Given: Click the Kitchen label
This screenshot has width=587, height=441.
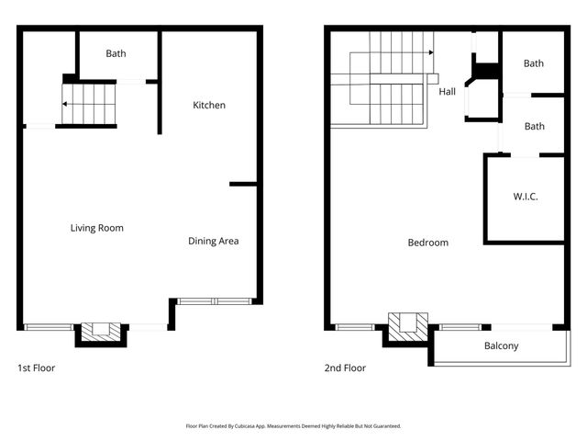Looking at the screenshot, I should click(x=208, y=105).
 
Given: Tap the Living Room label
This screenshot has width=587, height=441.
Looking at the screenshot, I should click(x=96, y=228).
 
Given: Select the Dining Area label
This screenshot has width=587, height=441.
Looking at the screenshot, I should click(x=213, y=241).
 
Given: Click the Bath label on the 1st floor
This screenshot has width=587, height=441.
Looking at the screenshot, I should click(x=116, y=53).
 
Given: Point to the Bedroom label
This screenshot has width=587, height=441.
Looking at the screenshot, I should click(x=427, y=243).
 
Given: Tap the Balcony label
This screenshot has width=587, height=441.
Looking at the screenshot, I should click(x=501, y=346).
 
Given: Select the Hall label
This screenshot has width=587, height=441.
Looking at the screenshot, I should click(x=447, y=91).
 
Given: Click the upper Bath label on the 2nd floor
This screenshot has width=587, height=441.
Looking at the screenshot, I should click(x=533, y=63).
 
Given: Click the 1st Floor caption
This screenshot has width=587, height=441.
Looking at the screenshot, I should click(x=37, y=367).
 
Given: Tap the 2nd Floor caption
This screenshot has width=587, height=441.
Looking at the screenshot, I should click(x=345, y=367).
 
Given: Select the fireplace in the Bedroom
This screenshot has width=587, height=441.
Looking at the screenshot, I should click(x=407, y=326).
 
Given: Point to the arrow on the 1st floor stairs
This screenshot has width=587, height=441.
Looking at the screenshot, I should click(x=67, y=104).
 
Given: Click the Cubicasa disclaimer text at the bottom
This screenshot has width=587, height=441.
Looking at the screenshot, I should click(x=293, y=426).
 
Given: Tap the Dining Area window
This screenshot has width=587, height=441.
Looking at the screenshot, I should click(x=214, y=300).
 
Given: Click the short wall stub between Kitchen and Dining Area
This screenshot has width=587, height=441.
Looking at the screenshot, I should click(x=242, y=184).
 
